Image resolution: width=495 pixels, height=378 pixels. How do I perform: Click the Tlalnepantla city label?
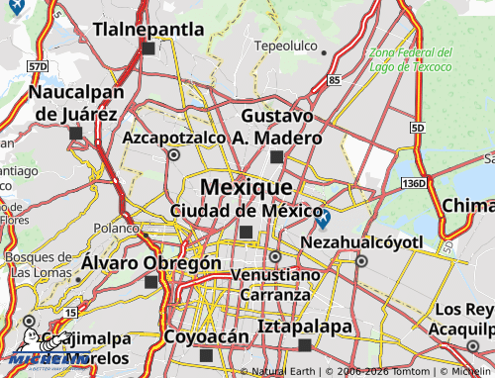148,29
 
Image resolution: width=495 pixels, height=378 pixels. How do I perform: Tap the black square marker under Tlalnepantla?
148,47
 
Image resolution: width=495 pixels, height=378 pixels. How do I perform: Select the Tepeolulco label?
285,47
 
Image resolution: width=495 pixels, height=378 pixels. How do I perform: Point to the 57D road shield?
38,65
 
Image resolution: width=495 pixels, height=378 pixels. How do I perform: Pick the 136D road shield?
414,183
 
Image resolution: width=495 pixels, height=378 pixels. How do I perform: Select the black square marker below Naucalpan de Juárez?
75,132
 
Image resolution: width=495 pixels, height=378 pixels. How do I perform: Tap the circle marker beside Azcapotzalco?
174,154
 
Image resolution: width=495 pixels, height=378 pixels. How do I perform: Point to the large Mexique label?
246,186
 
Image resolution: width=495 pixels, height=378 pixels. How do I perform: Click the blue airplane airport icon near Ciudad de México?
323,216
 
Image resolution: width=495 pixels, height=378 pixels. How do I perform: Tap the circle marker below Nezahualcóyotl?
361,261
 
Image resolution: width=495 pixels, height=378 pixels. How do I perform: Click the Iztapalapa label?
304,326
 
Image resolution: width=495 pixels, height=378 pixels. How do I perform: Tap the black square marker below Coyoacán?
206,354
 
